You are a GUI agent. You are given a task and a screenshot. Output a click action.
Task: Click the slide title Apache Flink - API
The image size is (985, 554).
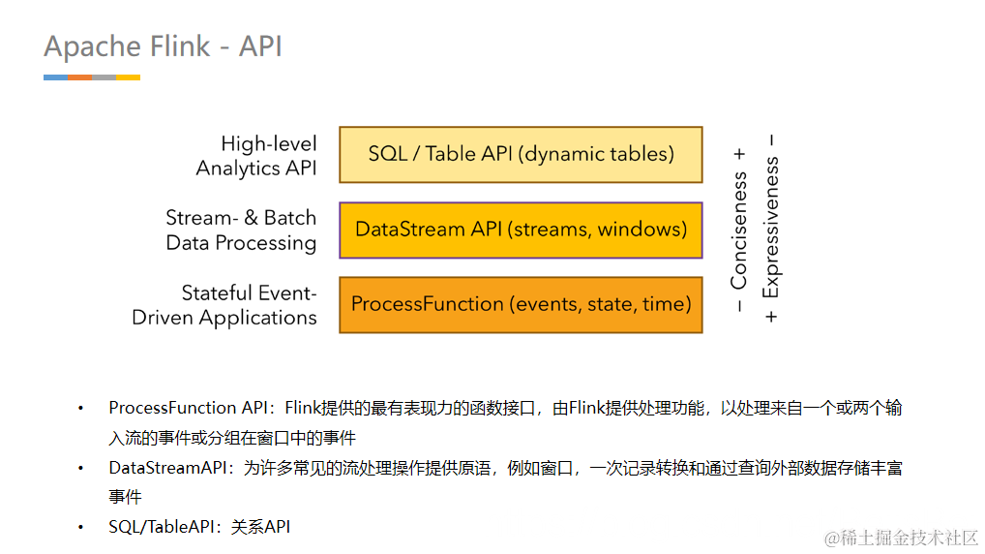click(163, 46)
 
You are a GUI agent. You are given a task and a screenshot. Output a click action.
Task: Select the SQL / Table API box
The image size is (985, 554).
click(521, 154)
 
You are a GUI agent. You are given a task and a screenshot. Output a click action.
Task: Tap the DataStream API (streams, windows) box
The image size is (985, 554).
click(521, 230)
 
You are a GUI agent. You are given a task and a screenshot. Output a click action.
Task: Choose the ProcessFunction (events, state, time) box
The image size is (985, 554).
click(521, 304)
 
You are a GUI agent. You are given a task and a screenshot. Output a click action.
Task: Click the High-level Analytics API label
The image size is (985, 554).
click(256, 155)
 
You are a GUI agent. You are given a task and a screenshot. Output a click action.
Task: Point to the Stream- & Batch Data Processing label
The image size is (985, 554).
click(241, 231)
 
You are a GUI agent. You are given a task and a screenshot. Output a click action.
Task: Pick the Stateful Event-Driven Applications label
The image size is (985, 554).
click(224, 305)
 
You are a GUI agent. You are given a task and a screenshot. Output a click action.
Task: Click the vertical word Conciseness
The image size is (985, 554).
click(739, 231)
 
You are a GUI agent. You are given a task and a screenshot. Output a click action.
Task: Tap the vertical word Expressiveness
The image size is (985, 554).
click(771, 229)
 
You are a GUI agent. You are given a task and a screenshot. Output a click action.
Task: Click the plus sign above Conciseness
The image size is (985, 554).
click(739, 154)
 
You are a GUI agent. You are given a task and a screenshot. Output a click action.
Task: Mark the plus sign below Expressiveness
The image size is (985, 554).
click(771, 317)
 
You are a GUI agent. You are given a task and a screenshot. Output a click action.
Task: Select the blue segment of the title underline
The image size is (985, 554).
click(55, 77)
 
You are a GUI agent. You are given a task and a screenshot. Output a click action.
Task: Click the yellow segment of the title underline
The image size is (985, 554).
click(128, 77)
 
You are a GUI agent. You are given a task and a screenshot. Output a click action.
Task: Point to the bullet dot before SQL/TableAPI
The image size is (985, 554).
click(81, 528)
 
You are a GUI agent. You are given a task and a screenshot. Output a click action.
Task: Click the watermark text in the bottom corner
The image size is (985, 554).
click(901, 537)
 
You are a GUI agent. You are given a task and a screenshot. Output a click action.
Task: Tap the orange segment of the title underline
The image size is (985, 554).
click(79, 77)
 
